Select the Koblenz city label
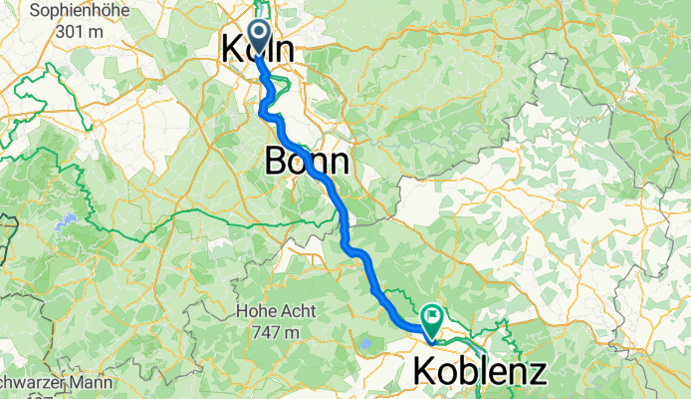coord(479,372)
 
